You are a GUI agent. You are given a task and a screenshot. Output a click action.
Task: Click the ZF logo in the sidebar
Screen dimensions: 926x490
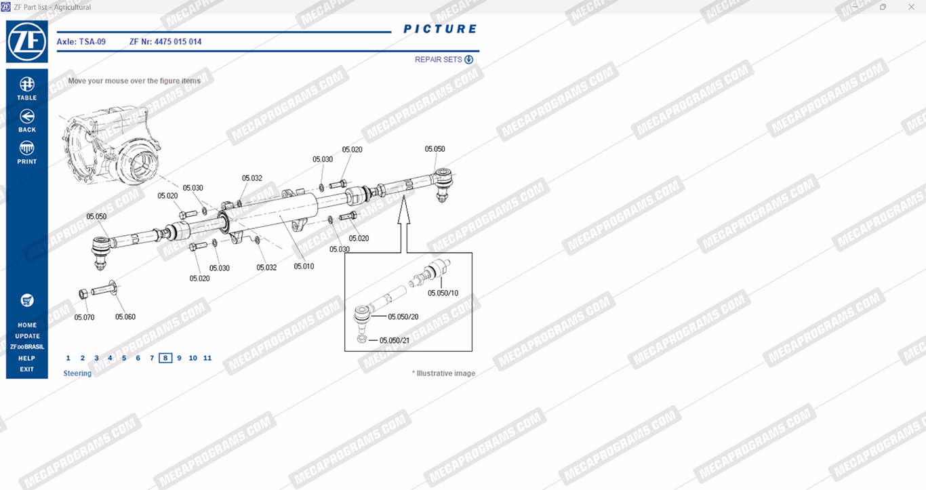click(27, 42)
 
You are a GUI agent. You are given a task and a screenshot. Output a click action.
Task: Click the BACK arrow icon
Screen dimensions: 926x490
click(27, 117)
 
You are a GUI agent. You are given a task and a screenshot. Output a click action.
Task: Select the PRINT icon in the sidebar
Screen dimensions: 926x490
click(27, 148)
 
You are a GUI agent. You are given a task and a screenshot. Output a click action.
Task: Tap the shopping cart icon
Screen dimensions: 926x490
click(27, 300)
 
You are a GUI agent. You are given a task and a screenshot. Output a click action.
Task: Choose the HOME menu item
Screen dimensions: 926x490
click(27, 325)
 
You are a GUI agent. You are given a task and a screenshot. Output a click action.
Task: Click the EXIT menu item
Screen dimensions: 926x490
click(27, 369)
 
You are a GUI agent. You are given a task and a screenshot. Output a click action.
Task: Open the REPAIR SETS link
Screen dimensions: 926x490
click(443, 60)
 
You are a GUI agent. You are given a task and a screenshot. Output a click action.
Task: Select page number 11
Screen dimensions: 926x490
click(207, 358)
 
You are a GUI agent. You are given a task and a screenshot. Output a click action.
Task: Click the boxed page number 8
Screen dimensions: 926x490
click(165, 358)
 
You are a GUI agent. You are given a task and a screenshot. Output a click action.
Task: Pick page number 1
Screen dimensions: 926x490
click(68, 358)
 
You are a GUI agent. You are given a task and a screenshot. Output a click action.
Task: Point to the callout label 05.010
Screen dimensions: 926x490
click(304, 266)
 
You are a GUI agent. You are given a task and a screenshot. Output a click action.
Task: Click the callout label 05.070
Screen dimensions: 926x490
click(84, 317)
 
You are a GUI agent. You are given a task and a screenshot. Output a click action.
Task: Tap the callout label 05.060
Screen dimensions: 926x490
click(125, 317)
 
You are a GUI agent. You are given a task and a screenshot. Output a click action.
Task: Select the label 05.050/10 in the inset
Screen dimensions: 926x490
click(443, 293)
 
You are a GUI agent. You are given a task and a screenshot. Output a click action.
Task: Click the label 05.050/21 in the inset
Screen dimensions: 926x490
click(395, 340)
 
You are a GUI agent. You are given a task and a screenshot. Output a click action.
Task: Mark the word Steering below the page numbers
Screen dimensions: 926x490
click(77, 373)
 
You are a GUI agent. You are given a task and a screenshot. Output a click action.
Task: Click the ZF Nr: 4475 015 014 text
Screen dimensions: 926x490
click(165, 42)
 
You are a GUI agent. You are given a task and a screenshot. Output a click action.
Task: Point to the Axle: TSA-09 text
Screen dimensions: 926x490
click(81, 42)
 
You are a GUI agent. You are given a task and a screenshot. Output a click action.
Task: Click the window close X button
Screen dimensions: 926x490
click(911, 7)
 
